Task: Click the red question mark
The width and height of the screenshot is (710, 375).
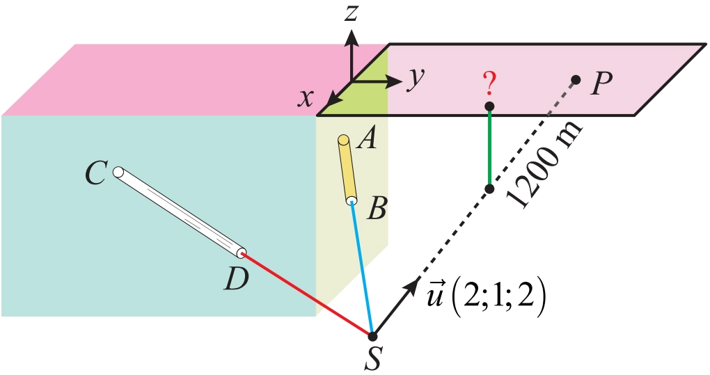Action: point(489,84)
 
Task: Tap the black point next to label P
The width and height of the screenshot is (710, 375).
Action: point(576,79)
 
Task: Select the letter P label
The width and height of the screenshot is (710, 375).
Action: point(600,84)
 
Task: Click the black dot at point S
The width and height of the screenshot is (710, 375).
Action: point(373,336)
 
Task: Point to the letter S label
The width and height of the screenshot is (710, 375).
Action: point(373,359)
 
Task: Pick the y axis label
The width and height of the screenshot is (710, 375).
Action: point(416,79)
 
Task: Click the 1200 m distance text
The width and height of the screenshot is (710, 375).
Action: point(545,167)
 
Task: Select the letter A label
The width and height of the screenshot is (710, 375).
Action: point(365,141)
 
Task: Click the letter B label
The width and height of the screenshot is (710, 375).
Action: point(376,208)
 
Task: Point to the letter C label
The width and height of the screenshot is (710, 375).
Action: point(95,173)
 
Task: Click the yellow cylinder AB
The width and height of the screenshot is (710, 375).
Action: point(347,169)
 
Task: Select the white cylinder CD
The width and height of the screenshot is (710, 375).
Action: point(180,212)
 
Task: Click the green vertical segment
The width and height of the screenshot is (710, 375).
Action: point(489,147)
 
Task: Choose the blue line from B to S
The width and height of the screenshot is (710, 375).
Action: point(363,269)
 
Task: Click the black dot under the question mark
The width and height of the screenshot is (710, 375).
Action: point(489,106)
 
